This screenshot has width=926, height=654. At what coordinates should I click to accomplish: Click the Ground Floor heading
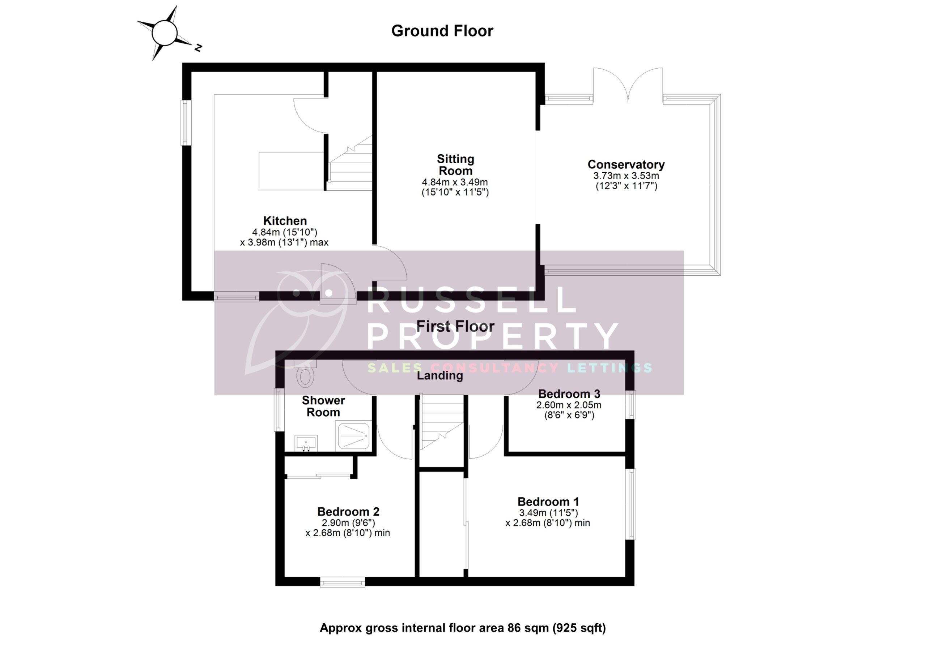coord(442,31)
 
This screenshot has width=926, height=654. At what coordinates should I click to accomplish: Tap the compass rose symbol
coord(165,33)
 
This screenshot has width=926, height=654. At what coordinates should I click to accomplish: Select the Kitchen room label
coord(285,221)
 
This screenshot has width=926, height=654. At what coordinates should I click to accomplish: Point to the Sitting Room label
coord(455,165)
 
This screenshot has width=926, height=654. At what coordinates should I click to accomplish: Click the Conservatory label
coord(626,164)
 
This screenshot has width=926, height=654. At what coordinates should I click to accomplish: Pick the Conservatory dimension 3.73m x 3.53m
coord(626,176)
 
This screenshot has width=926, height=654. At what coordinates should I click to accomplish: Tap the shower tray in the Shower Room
coord(354,436)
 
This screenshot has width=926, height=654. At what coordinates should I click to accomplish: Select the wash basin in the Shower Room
coord(306,443)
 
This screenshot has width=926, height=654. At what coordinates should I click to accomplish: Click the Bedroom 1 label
coord(548,502)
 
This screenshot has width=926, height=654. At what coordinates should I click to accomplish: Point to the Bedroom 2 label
coord(348,512)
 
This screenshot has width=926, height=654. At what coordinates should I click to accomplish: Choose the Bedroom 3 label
coord(569,394)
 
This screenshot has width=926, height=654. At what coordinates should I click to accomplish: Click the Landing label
coord(439,375)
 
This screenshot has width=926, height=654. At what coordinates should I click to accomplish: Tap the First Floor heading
coord(455,326)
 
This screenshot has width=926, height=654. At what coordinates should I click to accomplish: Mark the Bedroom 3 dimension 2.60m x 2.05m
coord(568,405)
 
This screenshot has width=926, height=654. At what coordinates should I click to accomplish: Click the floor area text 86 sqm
coord(532,628)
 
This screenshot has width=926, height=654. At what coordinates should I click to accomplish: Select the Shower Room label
coord(323,406)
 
